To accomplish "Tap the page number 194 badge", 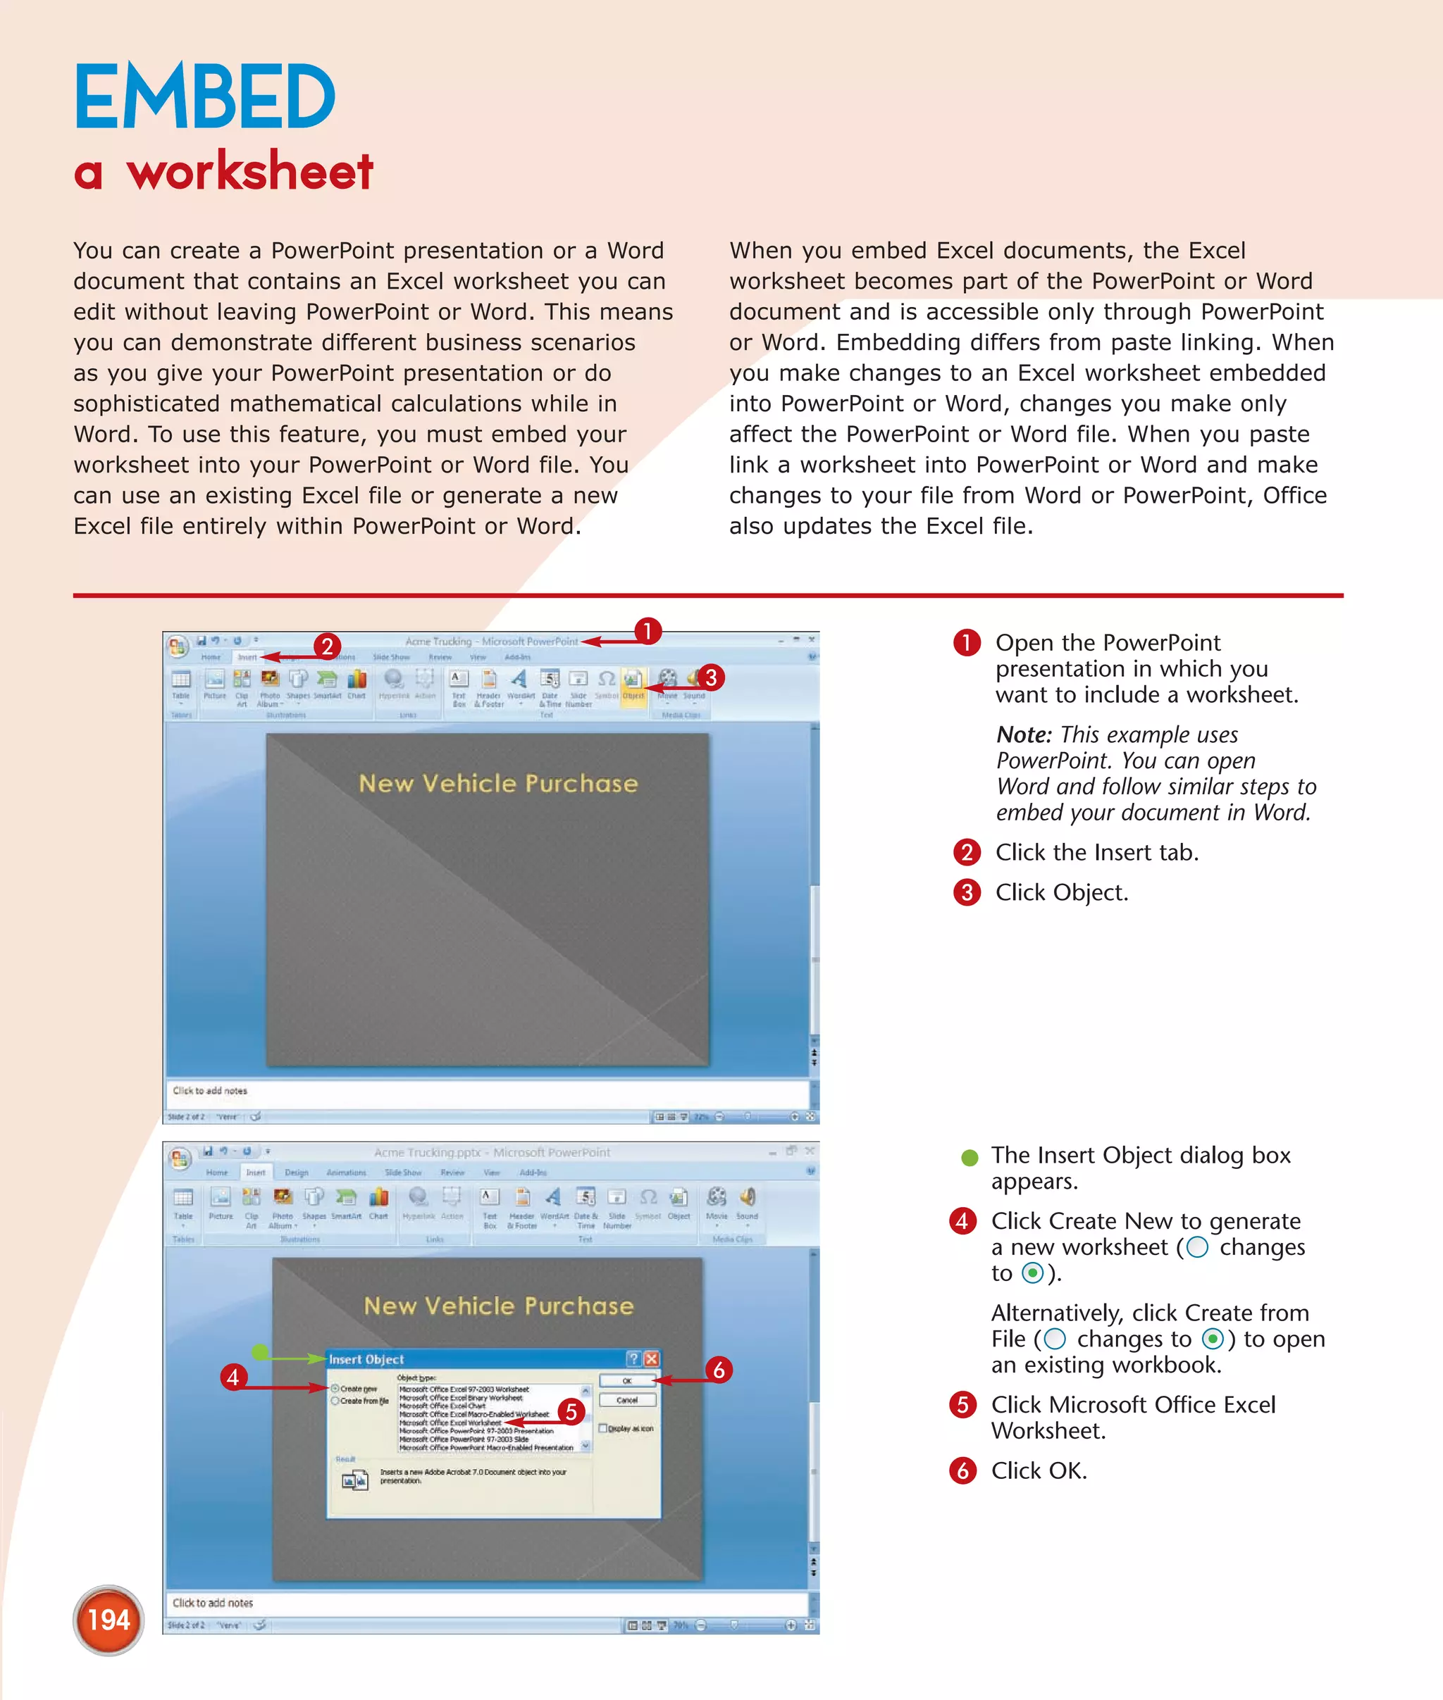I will point(109,1620).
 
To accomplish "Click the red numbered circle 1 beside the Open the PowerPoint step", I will point(966,643).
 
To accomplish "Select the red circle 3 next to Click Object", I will point(966,892).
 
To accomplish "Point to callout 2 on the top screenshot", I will point(326,646).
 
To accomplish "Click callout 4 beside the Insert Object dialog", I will point(233,1377).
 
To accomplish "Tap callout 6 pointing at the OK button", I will point(718,1370).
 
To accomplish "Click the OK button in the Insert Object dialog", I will point(626,1381).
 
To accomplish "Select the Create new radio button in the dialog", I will point(335,1389).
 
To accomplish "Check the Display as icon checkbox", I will point(603,1429).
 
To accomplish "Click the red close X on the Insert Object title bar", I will point(651,1359).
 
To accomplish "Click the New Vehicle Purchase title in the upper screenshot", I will point(497,783).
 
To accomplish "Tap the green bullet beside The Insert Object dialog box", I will point(970,1157).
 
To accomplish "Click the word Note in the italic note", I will point(1022,735).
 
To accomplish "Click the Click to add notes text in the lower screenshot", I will point(213,1603).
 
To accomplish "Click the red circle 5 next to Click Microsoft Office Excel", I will point(962,1405).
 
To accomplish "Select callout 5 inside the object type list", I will point(571,1411).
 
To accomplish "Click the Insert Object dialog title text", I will point(366,1359).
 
